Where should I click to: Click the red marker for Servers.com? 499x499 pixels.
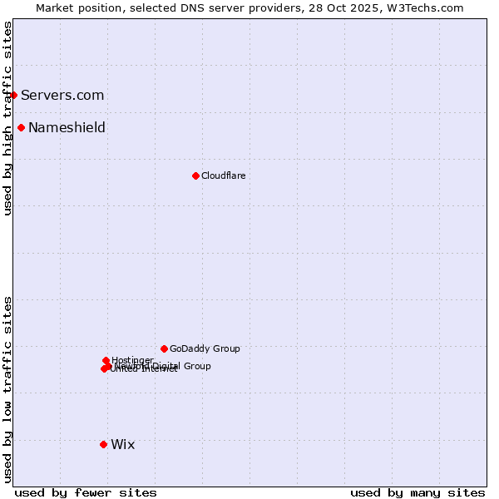[13, 95]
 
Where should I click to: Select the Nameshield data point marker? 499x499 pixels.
[21, 127]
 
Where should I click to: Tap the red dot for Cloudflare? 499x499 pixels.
[195, 175]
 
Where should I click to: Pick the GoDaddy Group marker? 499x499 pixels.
[164, 348]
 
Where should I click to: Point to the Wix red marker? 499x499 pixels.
[103, 444]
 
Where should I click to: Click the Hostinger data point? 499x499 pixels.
[106, 360]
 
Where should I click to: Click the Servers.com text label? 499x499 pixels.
[62, 95]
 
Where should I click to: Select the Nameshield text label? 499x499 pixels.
[67, 127]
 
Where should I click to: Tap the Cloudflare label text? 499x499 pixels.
[223, 175]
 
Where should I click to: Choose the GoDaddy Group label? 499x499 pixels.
[205, 348]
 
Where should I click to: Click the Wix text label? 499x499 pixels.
[122, 444]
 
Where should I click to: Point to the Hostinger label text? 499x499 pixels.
[132, 360]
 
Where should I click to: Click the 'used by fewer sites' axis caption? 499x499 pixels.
[86, 492]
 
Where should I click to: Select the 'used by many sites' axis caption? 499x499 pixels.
[417, 492]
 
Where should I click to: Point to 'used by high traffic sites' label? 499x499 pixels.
[7, 118]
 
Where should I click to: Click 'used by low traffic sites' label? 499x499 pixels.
[7, 388]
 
